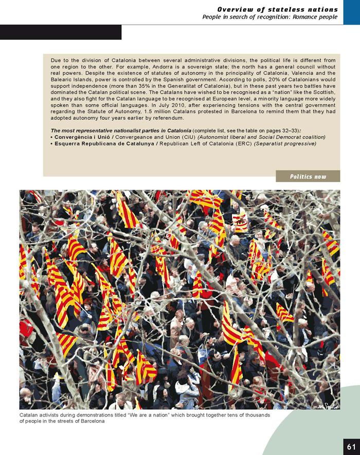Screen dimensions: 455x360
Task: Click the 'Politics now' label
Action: pos(308,176)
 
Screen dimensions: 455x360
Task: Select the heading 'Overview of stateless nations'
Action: pos(278,9)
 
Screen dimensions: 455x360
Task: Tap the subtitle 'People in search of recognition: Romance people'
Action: pos(271,17)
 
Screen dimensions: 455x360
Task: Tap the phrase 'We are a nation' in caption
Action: pos(162,415)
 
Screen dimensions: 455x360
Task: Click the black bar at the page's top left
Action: pos(61,32)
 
